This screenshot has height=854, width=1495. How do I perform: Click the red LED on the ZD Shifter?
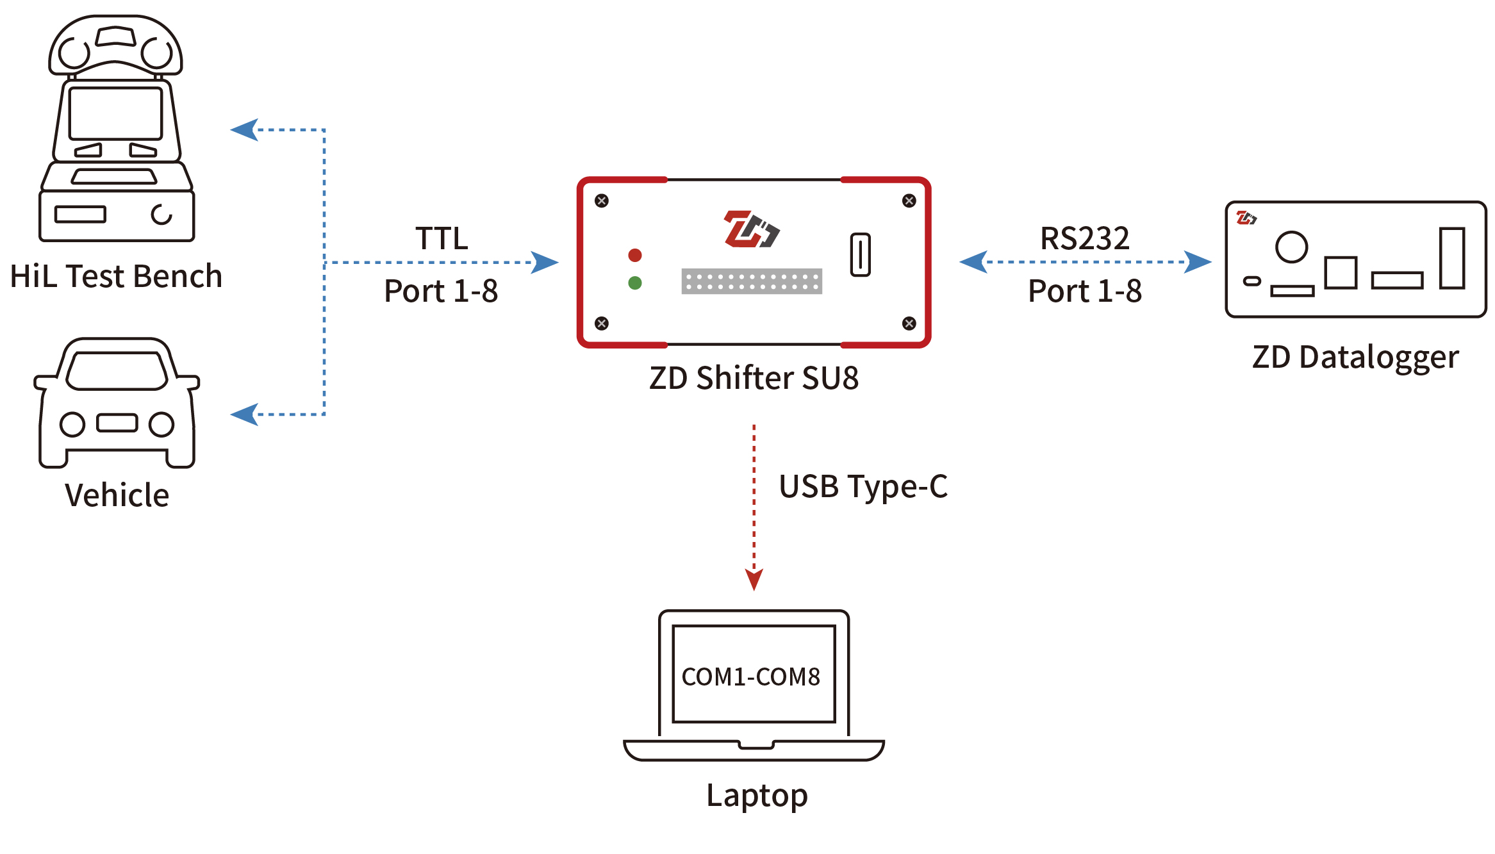click(x=634, y=256)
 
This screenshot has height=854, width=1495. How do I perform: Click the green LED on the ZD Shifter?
click(x=634, y=283)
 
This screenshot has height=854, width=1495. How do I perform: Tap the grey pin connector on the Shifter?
click(x=751, y=281)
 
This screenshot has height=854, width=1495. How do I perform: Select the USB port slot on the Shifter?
click(x=860, y=254)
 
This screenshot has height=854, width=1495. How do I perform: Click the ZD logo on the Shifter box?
click(x=750, y=229)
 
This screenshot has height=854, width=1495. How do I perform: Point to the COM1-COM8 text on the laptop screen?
click(x=750, y=677)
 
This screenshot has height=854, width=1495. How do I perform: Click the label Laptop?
click(x=756, y=796)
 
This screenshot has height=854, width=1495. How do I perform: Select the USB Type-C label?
click(x=863, y=487)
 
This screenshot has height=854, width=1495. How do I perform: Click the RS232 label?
click(x=1084, y=238)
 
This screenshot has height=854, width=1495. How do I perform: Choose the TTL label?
click(x=442, y=238)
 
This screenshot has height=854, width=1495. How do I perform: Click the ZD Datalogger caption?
click(x=1355, y=357)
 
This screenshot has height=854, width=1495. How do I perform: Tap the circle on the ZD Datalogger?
click(x=1291, y=247)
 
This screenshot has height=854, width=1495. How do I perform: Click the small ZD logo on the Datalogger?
click(x=1246, y=218)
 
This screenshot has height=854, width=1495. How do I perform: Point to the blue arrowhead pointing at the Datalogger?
click(x=1197, y=262)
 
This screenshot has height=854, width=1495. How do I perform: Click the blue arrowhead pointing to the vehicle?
click(x=245, y=415)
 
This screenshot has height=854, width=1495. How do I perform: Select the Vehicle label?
click(x=117, y=495)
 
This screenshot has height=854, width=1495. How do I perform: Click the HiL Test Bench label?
click(x=116, y=276)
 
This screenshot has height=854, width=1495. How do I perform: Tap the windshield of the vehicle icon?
click(x=117, y=371)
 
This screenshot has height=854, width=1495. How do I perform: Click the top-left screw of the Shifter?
click(x=601, y=201)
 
